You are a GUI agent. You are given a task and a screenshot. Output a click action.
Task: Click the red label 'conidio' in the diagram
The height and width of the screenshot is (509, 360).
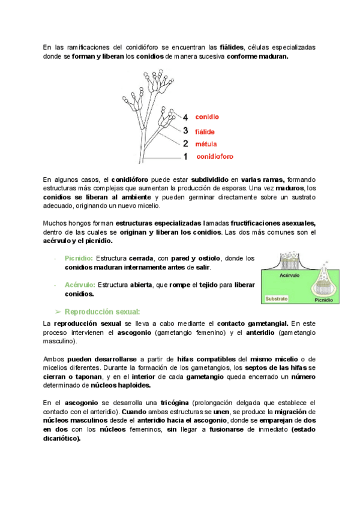(207, 117)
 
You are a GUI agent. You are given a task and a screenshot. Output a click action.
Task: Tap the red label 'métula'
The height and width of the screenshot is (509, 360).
(206, 144)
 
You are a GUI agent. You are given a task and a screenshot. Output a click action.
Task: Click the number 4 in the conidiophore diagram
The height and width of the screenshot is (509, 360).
(185, 118)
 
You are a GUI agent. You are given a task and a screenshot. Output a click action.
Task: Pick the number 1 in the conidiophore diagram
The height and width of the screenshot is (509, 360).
(185, 157)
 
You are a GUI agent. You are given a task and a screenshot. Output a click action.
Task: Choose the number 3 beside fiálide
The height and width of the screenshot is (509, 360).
(185, 131)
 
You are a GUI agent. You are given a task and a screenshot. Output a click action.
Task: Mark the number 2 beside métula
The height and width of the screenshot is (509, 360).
(185, 144)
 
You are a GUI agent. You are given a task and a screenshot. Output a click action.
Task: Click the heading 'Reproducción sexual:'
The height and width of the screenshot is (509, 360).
(102, 311)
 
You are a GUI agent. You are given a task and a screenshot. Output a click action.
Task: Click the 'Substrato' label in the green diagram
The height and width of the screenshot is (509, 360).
(277, 298)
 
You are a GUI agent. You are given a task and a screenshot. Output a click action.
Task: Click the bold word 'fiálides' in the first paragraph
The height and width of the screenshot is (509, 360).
(232, 47)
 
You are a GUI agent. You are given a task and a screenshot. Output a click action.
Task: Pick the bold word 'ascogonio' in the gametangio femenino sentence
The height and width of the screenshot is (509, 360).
(134, 332)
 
